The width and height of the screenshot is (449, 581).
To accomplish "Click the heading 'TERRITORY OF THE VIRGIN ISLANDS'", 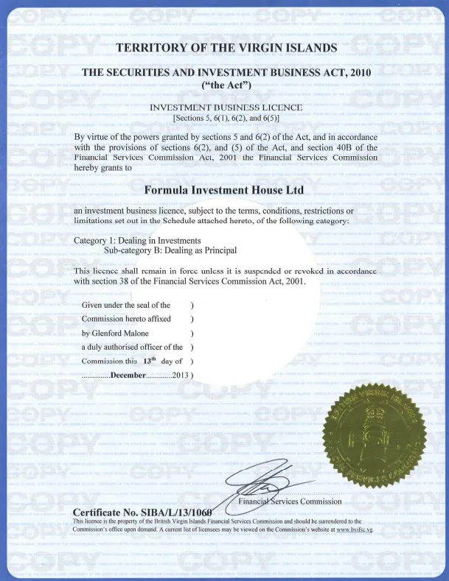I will tap(226, 49).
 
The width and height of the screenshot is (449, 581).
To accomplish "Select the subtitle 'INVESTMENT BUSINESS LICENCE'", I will tap(226, 108).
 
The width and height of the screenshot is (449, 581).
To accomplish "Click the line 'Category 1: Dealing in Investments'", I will tap(139, 240).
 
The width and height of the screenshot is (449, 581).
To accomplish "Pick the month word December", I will tap(130, 376).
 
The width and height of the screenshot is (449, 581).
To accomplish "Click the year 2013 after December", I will tap(179, 376).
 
